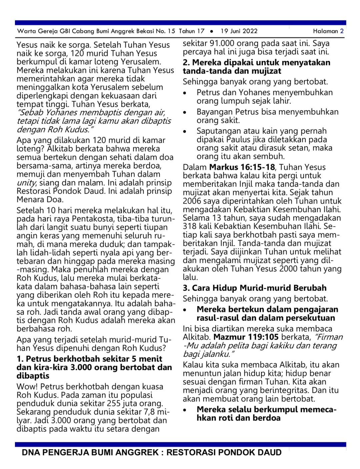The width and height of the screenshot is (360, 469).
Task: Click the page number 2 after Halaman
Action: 342,31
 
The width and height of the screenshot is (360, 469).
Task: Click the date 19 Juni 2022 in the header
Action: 239,31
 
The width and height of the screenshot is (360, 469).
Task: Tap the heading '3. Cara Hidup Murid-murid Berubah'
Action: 254,288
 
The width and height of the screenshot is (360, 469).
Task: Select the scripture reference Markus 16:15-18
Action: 242,167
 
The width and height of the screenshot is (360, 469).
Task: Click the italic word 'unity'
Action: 26,183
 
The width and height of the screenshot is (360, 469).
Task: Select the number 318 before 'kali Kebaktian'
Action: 190,226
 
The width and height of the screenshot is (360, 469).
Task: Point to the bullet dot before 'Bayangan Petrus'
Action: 185,112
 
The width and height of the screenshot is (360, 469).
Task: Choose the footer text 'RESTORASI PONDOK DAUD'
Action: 224,452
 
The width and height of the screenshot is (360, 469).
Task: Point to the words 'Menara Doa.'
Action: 40,200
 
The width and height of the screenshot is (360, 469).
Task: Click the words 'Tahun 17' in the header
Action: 191,31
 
